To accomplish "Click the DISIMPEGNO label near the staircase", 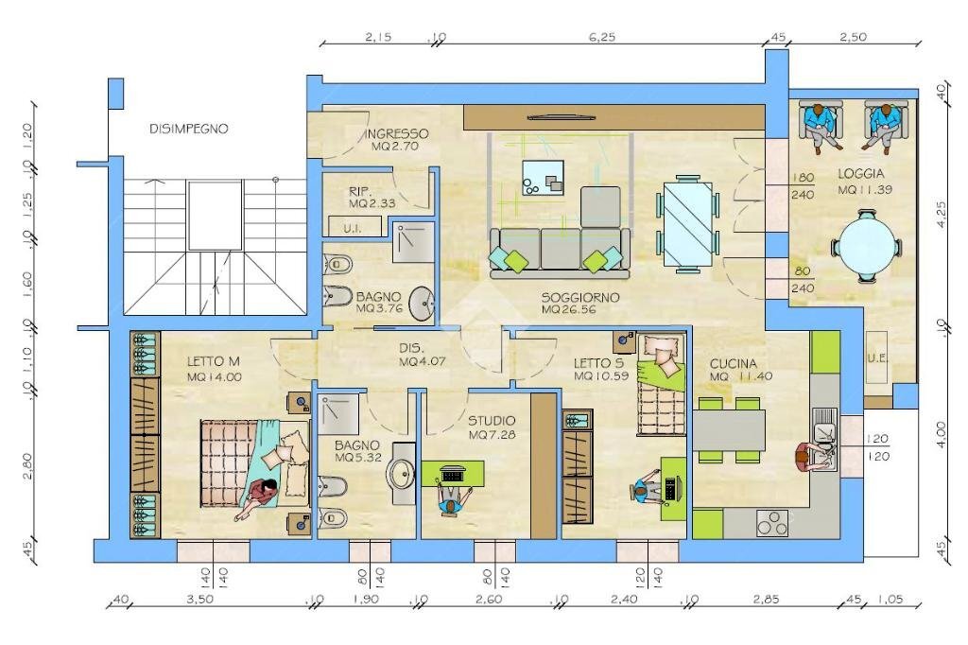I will click(188, 130).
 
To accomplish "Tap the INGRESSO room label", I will click(396, 140).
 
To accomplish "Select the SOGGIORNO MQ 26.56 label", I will click(580, 303).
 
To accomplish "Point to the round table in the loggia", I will click(867, 245).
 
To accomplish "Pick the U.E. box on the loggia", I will click(878, 358).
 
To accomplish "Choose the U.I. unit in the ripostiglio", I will click(354, 227).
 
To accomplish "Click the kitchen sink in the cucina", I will click(822, 435).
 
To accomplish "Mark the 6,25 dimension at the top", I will click(601, 37).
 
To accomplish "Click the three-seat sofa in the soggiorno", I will click(558, 253).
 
